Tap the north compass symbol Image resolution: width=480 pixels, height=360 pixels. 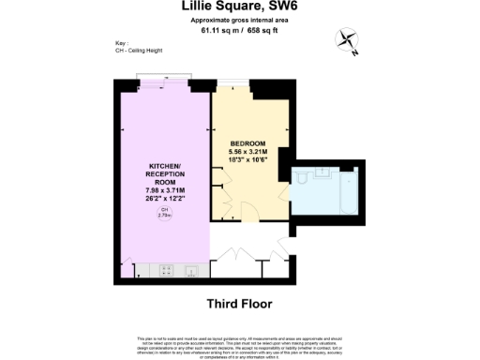point(350,40)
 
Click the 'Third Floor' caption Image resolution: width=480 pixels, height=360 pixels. point(239,304)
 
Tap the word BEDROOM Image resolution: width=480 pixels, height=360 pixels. point(249,142)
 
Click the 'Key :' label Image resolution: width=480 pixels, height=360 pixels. point(120,43)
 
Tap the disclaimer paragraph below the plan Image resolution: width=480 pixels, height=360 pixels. point(239,339)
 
